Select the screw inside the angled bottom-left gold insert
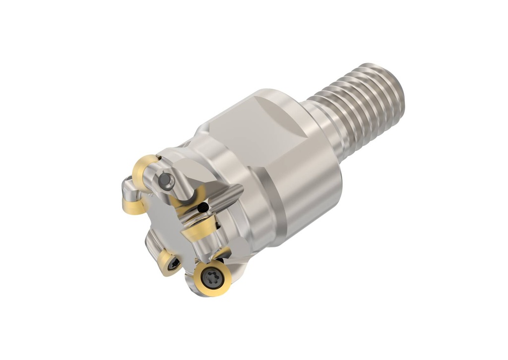[172, 265]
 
